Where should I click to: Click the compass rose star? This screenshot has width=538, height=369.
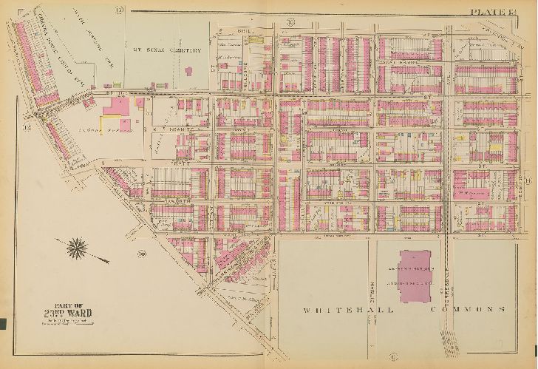(78, 248)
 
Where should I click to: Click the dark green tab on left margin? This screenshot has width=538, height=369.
(3, 322)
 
